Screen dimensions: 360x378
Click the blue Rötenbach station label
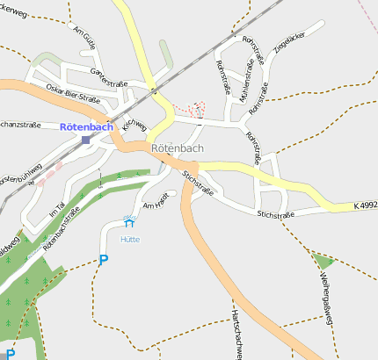pyautogui.click(x=86, y=126)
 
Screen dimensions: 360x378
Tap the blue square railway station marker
pyautogui.click(x=85, y=140)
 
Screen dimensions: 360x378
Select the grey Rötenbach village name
pyautogui.click(x=177, y=148)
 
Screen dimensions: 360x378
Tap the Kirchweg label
pyautogui.click(x=134, y=126)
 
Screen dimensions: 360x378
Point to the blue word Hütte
pyautogui.click(x=130, y=238)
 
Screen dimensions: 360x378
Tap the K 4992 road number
pyautogui.click(x=365, y=205)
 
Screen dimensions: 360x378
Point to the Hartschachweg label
pyautogui.click(x=236, y=334)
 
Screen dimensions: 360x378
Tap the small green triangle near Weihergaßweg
pyautogui.click(x=323, y=259)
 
